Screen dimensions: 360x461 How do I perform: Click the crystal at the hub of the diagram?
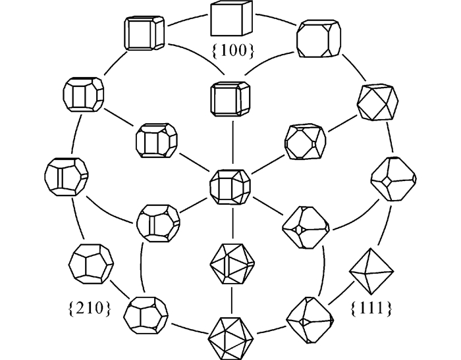[230, 186]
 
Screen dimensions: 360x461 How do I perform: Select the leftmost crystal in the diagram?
[66, 178]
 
